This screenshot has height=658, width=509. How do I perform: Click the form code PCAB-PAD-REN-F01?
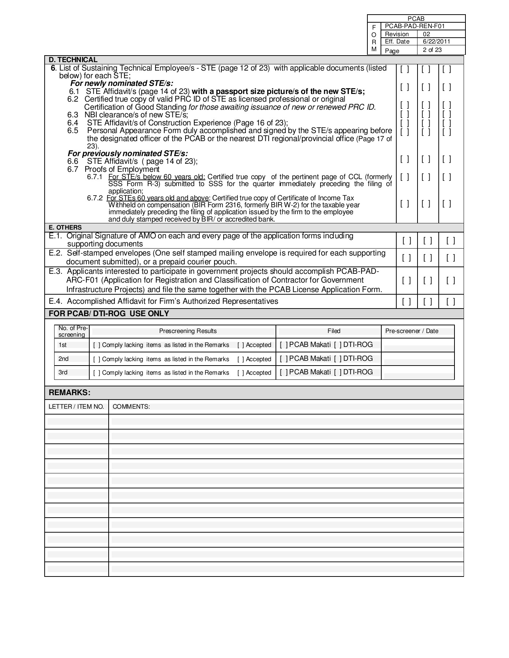(x=415, y=26)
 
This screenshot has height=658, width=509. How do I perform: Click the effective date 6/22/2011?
(x=436, y=42)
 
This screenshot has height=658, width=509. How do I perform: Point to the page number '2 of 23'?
(x=432, y=50)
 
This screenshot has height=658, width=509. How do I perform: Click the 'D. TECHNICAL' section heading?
(x=73, y=60)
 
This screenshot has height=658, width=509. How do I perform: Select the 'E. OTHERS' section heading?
(x=65, y=227)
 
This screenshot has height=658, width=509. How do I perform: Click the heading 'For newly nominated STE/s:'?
(x=122, y=83)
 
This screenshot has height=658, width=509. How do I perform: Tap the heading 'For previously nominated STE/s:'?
(x=128, y=154)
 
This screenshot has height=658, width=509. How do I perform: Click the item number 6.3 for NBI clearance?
(x=73, y=115)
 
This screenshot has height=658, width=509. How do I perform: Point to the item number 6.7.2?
(x=95, y=198)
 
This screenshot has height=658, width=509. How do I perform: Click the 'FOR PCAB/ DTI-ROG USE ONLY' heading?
(x=109, y=314)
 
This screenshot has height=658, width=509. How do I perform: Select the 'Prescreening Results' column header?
(x=188, y=331)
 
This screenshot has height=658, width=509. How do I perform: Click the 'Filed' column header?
(x=334, y=331)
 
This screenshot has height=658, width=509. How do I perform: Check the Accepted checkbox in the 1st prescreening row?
(x=240, y=345)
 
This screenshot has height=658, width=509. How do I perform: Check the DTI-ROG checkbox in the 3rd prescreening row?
(x=338, y=372)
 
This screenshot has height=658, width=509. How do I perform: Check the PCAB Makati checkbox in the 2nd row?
(x=284, y=359)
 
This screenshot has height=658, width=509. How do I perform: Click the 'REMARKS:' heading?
(x=70, y=393)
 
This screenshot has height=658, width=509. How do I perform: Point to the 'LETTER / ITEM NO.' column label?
(x=76, y=407)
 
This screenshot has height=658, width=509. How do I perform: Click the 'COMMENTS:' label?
(x=131, y=407)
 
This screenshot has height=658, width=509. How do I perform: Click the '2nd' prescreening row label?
(x=63, y=359)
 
